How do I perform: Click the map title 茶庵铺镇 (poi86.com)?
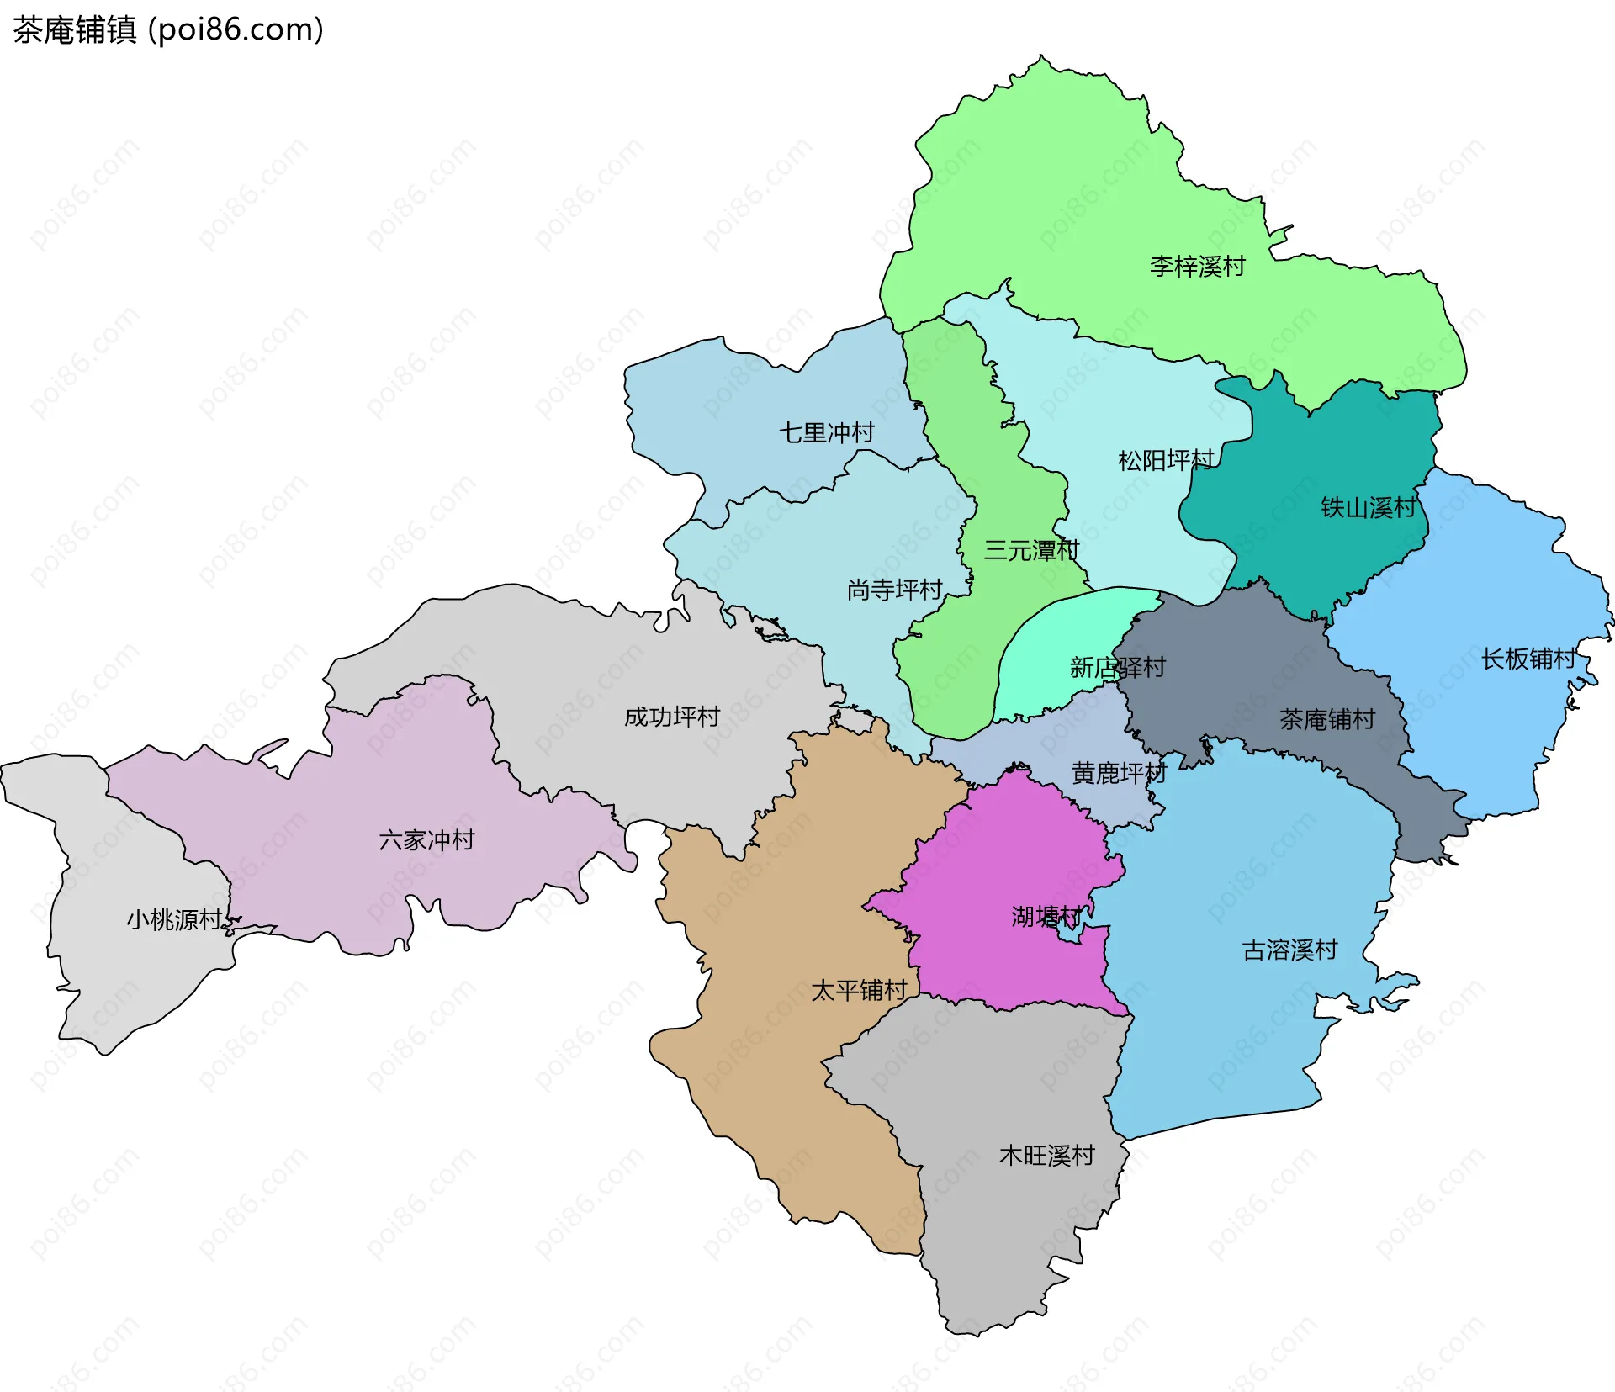click(168, 30)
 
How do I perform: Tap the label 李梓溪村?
click(1197, 267)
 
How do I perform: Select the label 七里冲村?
click(826, 432)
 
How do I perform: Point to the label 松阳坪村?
click(1166, 460)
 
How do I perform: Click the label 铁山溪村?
click(1369, 507)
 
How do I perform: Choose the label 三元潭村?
click(1031, 551)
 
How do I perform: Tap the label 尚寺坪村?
click(894, 590)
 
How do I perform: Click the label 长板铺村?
click(1528, 659)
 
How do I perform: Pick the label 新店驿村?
click(1117, 668)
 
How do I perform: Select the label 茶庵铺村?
click(1327, 719)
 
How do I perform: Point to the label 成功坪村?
click(672, 717)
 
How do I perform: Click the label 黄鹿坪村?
click(1119, 773)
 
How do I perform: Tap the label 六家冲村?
click(426, 839)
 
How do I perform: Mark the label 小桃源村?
click(174, 919)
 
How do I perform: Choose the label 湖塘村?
click(1046, 916)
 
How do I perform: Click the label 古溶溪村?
click(1289, 950)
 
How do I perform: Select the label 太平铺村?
click(859, 990)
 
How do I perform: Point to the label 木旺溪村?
click(1046, 1155)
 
